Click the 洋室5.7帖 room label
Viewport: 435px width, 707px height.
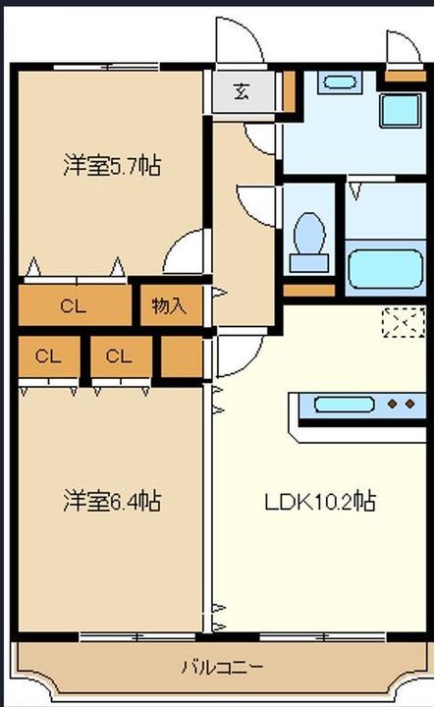tap(112, 166)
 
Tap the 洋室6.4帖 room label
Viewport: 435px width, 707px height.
tap(112, 501)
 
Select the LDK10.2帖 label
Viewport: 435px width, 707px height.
tap(320, 501)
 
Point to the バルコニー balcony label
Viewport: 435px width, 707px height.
tap(223, 667)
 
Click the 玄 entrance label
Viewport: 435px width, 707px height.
tap(243, 92)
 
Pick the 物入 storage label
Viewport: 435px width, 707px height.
tap(169, 306)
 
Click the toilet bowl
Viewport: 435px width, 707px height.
tap(309, 233)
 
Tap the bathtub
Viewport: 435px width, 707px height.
tap(386, 269)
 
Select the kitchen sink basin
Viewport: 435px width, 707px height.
tap(344, 405)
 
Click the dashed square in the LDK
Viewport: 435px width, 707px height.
tap(404, 322)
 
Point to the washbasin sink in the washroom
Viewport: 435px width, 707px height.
tap(340, 82)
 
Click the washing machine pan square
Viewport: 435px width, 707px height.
tap(401, 111)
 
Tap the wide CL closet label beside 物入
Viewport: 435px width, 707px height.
tap(73, 306)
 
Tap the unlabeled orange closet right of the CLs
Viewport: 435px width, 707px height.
tap(182, 356)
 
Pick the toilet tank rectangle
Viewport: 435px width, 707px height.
tap(308, 263)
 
